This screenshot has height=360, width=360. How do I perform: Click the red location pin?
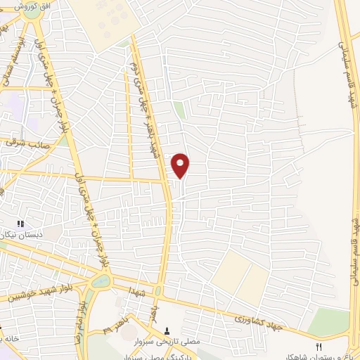[x=181, y=165]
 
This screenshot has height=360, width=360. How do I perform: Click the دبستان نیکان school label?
[x=20, y=233]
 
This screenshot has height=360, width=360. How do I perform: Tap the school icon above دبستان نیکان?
[x=20, y=224]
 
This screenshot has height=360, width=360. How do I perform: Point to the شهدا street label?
[x=135, y=291]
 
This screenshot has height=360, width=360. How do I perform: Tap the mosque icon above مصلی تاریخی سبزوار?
[x=167, y=330]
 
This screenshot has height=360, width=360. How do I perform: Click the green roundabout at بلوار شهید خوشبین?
[x=100, y=281]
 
